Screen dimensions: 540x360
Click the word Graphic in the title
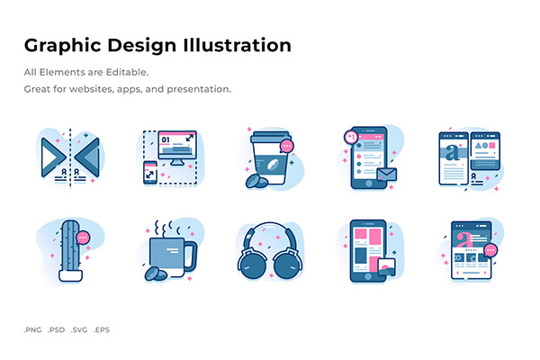(x=63, y=46)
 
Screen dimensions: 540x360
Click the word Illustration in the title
(x=238, y=45)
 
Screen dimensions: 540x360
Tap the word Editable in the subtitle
(x=127, y=72)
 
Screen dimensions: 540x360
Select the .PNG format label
(x=32, y=330)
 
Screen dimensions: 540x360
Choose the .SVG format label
(x=79, y=330)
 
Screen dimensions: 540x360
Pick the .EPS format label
(x=102, y=330)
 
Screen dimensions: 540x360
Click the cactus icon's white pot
(x=70, y=276)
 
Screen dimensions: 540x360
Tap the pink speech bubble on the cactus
(x=83, y=238)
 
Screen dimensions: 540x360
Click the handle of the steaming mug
(x=191, y=256)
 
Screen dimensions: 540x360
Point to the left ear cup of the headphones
(x=252, y=265)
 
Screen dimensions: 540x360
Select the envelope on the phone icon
(x=387, y=175)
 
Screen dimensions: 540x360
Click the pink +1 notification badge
(x=351, y=138)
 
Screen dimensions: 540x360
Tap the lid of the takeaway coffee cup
(x=271, y=137)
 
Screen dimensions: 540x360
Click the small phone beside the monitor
(x=150, y=173)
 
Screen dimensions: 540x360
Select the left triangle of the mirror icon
(x=53, y=157)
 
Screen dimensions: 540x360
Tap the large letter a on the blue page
(x=452, y=153)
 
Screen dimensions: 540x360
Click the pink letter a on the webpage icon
(x=463, y=238)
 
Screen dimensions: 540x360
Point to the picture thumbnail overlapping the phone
(x=386, y=267)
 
